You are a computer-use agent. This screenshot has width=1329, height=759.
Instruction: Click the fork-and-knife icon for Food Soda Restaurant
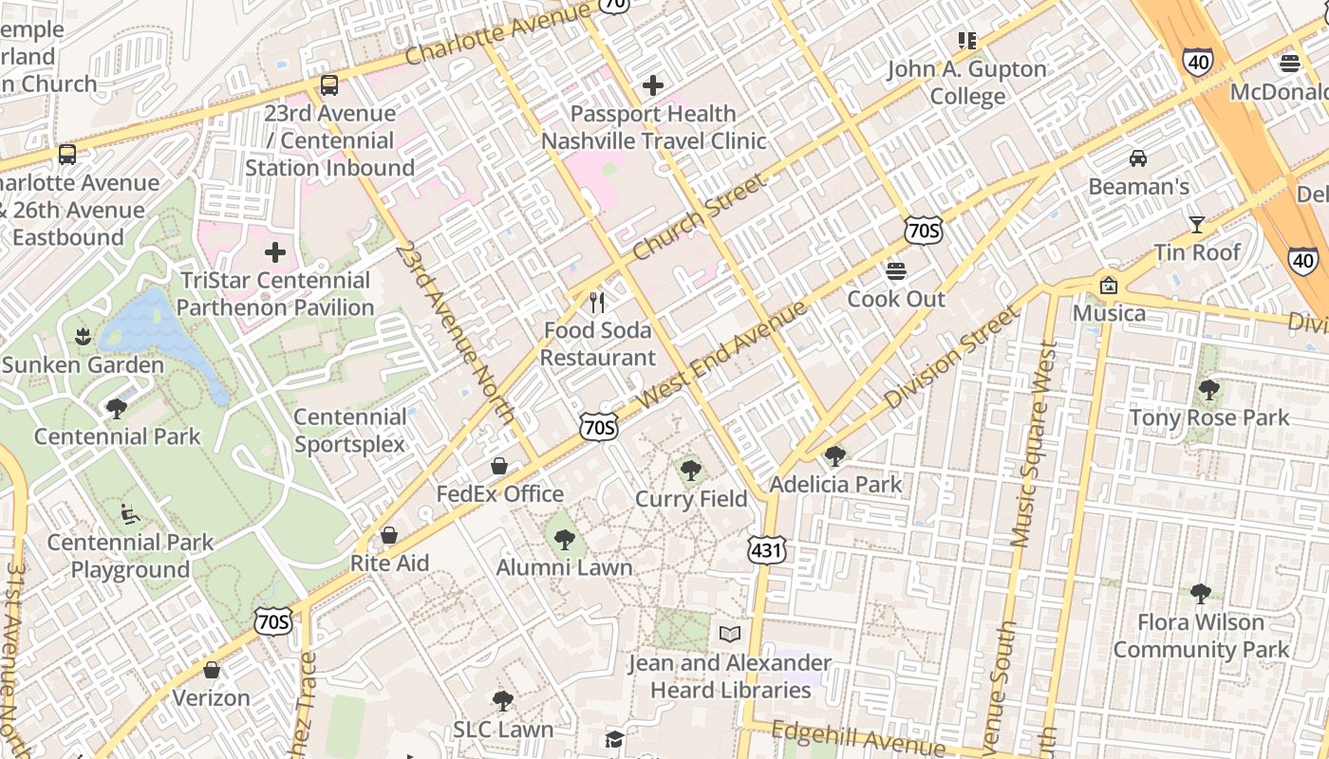click(597, 303)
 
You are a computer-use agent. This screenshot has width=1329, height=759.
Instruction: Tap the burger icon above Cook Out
click(896, 271)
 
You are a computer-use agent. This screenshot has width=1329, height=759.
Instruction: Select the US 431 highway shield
click(766, 550)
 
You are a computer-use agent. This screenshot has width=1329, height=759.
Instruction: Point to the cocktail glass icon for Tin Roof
click(1196, 225)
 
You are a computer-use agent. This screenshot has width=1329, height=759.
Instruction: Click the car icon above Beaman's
click(1137, 158)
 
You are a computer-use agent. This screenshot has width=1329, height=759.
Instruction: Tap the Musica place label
click(1109, 313)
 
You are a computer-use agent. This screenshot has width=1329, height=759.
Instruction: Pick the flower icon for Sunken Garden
click(83, 337)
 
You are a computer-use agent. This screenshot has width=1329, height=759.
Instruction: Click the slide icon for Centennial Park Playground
click(130, 514)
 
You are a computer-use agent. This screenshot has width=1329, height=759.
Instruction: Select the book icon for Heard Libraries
click(729, 634)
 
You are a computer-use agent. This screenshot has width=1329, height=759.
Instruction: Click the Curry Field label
click(691, 499)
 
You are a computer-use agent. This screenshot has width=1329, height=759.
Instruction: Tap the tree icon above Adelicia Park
click(835, 456)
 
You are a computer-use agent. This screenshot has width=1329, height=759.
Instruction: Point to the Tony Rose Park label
click(1208, 417)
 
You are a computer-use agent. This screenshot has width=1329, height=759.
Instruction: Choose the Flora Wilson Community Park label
click(1201, 636)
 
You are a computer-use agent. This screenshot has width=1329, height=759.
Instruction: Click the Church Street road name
click(698, 218)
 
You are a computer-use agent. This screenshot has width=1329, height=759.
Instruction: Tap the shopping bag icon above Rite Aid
click(389, 535)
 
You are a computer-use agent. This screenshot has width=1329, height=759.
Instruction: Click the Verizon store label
click(211, 698)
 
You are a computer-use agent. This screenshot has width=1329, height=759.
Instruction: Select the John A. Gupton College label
click(967, 83)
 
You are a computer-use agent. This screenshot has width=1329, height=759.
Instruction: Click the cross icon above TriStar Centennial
click(275, 252)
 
